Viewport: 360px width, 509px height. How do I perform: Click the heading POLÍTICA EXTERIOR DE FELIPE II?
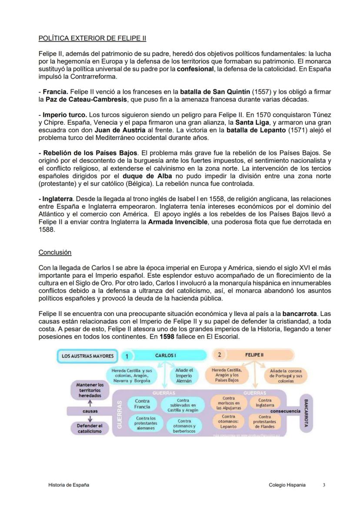[92, 38]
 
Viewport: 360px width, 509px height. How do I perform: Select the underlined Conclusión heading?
[55, 252]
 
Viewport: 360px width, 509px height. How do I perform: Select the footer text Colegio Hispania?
[287, 485]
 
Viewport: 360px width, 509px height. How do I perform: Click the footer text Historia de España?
[69, 485]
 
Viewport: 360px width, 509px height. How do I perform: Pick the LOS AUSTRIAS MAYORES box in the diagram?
[87, 356]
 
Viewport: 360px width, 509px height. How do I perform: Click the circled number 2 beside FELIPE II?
[220, 355]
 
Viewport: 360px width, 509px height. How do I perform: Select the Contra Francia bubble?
[142, 404]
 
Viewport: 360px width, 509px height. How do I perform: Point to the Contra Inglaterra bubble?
[265, 403]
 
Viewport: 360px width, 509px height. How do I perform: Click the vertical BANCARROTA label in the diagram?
[305, 413]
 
